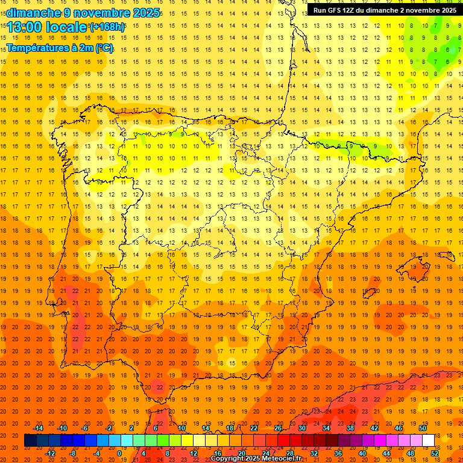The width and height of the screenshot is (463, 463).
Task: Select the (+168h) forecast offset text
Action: (x=107, y=27)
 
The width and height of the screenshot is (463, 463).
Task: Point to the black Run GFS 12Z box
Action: (x=385, y=10)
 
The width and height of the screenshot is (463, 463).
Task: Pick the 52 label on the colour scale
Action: (x=435, y=453)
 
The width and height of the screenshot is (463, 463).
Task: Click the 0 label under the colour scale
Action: (x=119, y=453)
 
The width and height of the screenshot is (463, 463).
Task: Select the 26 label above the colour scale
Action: (x=278, y=428)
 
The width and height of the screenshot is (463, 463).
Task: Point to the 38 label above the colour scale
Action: (x=350, y=428)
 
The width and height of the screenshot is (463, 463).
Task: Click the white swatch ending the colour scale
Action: (x=429, y=441)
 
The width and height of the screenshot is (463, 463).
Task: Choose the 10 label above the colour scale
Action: (x=181, y=428)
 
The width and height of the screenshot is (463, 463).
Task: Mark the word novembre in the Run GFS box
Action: (x=420, y=10)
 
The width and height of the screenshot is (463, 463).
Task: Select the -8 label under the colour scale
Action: (x=72, y=453)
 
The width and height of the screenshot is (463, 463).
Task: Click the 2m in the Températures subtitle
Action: (x=87, y=48)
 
